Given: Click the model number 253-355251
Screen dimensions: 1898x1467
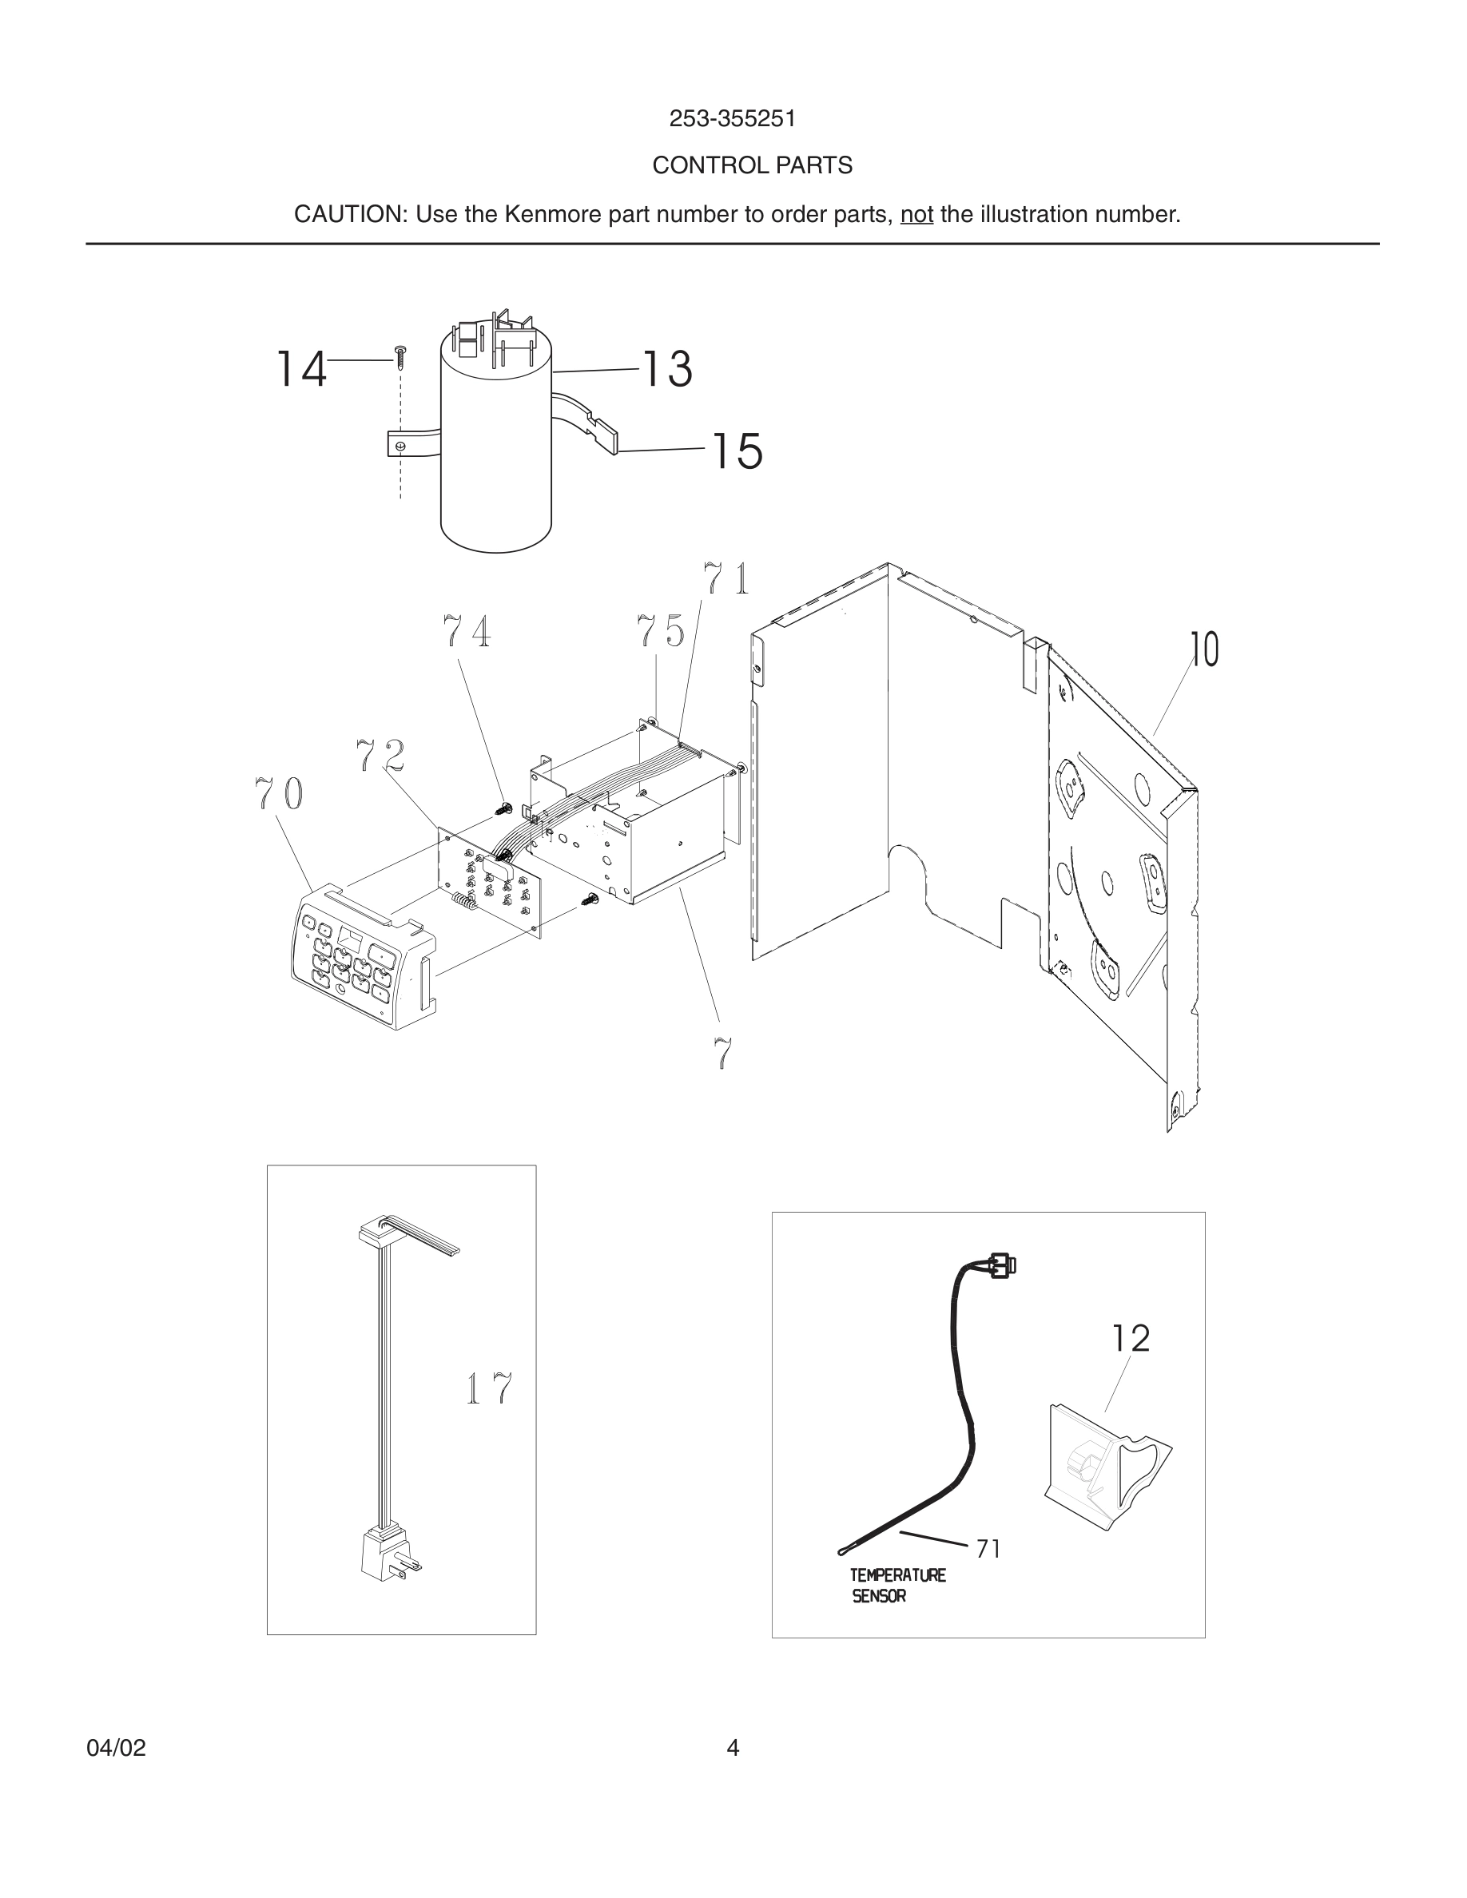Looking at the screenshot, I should click(x=732, y=119).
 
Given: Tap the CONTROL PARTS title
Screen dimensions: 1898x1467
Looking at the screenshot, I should click(x=752, y=165).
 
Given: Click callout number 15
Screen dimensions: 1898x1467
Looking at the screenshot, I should click(x=737, y=451).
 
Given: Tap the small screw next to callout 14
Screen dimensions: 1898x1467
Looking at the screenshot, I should click(x=400, y=356).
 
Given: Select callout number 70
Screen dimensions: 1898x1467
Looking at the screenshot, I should click(x=279, y=792).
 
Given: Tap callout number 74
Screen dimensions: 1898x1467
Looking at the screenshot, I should click(x=466, y=632).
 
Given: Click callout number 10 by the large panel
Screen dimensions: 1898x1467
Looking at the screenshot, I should click(x=1205, y=650).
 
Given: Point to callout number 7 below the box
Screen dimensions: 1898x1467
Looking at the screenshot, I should click(x=723, y=1054).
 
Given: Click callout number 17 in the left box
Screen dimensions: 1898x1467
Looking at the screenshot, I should click(x=488, y=1388).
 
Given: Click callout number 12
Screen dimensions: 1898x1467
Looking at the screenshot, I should click(x=1131, y=1339).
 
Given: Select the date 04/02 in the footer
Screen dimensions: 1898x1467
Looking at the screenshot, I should click(x=116, y=1748).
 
